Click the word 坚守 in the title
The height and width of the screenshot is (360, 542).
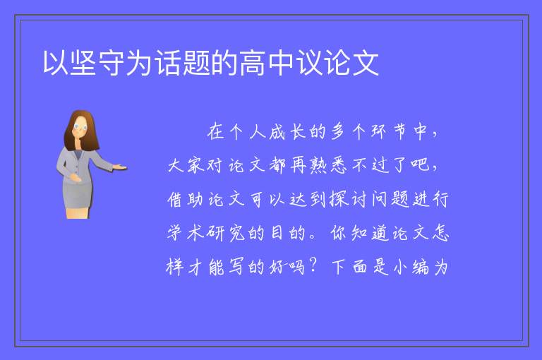coord(97,63)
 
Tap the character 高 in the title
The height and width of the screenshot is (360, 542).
coord(253,63)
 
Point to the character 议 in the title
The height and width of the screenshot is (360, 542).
coord(309,63)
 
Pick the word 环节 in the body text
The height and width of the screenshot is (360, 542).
coord(390,132)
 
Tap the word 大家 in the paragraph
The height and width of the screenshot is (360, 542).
coord(186,166)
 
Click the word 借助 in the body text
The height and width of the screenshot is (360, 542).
coord(186,200)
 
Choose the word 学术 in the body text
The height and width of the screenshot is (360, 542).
coord(186,233)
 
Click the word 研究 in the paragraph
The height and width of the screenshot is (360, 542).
coord(226,233)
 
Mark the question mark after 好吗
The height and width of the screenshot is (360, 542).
coord(313,266)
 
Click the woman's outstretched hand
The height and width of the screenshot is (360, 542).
coord(119,168)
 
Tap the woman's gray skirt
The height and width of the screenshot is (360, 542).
coord(78,196)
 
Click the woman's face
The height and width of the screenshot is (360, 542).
coord(80,127)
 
